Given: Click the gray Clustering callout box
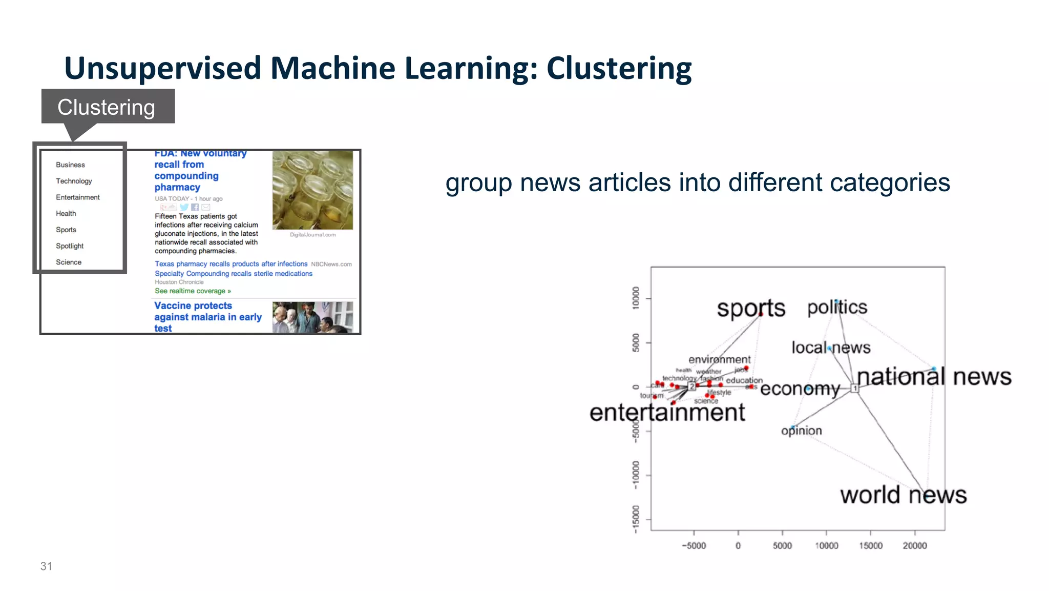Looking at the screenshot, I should coord(108,107).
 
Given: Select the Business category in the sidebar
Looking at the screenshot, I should coord(70,165).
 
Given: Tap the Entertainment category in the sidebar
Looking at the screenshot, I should coord(77,197).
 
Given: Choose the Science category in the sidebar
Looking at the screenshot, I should coord(69,262).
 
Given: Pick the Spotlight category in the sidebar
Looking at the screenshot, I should coord(70,246).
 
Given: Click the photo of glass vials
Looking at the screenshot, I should coord(312,190).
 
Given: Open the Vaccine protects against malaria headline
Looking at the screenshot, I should coord(207,317).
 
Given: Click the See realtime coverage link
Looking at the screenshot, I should coord(193,291).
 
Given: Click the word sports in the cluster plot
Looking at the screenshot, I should coord(750,308).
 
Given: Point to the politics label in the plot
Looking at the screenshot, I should coord(837,308).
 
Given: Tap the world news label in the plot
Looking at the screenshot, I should coord(903,495).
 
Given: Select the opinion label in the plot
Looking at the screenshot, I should coord(802,431).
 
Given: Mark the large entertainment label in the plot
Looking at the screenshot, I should coord(667,413).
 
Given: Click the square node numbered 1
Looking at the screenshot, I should coord(854,389).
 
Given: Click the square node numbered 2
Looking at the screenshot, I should coord(692,386).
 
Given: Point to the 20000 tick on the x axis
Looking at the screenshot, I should coord(914,545).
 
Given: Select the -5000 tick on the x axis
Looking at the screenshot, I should coord(694,545).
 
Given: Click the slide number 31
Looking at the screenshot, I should coord(46,566).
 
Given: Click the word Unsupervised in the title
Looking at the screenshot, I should coord(162,68).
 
